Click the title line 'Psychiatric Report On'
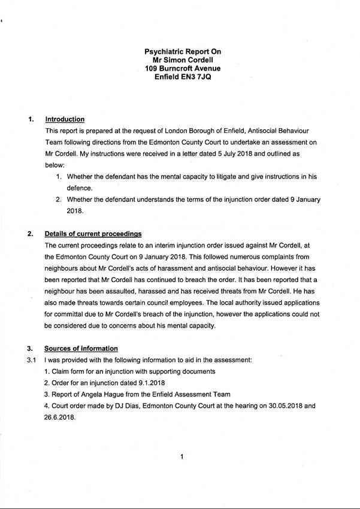coord(183,52)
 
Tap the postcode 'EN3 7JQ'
coord(196,78)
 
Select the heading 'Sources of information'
coord(81,349)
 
